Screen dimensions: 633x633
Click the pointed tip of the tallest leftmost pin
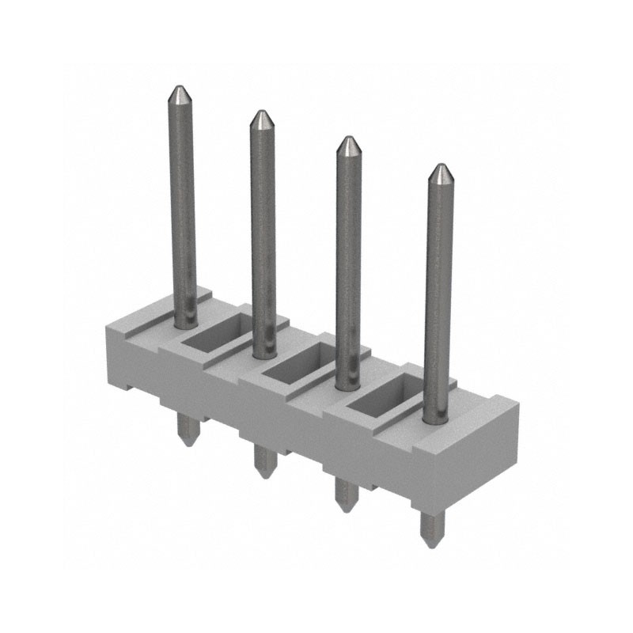[180, 89]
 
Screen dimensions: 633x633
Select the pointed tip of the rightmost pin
[439, 167]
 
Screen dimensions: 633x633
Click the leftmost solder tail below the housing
[187, 431]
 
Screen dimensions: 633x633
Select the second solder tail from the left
[264, 461]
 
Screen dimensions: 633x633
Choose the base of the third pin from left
[347, 382]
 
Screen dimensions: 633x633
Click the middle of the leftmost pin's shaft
[182, 206]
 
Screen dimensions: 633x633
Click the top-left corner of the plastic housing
[108, 322]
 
